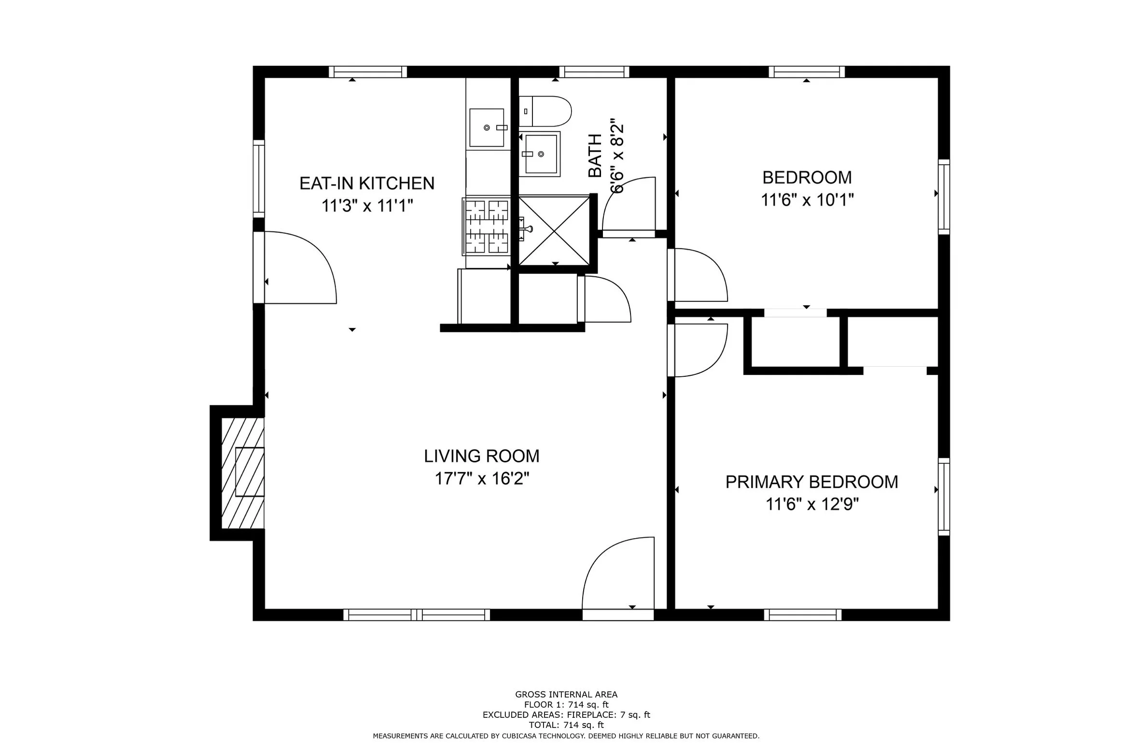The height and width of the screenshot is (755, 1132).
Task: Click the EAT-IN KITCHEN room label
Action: (367, 184)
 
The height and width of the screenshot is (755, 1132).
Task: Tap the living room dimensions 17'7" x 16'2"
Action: (482, 479)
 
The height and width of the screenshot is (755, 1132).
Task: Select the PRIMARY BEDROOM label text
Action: (811, 482)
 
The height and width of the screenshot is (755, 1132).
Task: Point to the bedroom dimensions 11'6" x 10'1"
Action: (807, 200)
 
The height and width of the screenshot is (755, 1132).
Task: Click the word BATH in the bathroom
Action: (596, 156)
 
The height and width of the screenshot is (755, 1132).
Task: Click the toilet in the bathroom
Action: (545, 111)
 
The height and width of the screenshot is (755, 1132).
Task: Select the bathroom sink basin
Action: (540, 154)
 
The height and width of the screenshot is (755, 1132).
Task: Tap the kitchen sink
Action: (488, 128)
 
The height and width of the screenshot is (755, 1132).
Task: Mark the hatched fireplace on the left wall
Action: (243, 472)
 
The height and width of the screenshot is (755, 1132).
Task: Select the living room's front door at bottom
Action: (618, 580)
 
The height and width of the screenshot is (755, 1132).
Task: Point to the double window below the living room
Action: (417, 614)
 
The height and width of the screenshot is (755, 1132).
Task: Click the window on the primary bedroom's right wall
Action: (944, 497)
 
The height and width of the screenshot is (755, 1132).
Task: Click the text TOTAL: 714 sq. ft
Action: (566, 725)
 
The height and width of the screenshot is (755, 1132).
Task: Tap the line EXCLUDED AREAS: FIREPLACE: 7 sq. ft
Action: (566, 714)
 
